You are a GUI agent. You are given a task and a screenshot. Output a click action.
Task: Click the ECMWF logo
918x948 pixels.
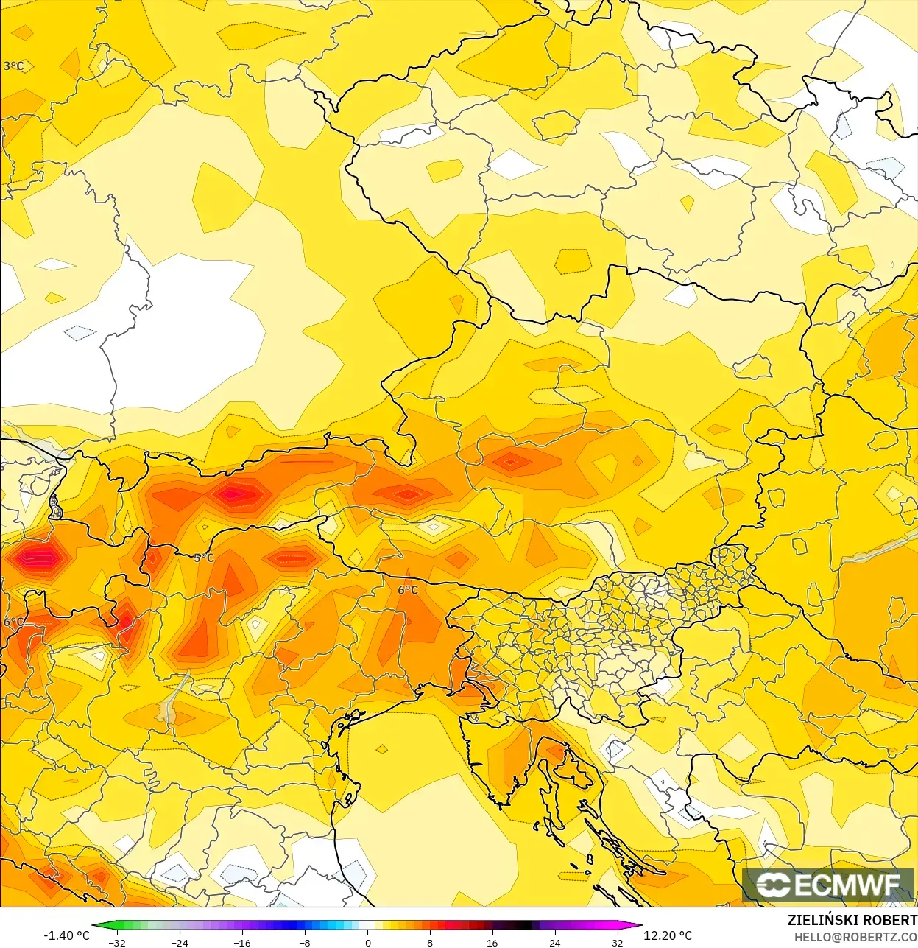(828, 885)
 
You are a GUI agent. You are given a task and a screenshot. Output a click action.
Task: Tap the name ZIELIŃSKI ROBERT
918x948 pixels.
(852, 920)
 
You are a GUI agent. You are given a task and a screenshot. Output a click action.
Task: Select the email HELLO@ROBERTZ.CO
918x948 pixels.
(855, 937)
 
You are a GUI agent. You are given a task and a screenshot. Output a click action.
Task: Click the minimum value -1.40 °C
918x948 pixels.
(66, 935)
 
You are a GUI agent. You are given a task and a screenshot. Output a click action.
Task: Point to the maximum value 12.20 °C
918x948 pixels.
(668, 935)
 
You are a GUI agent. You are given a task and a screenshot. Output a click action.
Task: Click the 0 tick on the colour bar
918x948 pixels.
(367, 942)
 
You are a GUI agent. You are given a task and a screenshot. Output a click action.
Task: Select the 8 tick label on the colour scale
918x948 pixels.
(430, 942)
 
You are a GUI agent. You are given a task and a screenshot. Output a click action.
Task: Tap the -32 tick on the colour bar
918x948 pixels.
(117, 942)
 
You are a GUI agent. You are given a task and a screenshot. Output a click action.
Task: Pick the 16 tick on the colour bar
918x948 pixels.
(492, 942)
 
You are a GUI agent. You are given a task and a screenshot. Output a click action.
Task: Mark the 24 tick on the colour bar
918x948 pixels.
(554, 942)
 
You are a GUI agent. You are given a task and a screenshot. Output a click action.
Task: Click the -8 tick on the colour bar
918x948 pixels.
(305, 942)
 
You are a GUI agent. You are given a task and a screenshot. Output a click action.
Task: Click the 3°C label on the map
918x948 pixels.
(13, 66)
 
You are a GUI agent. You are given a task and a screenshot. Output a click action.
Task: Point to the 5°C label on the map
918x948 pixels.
(204, 558)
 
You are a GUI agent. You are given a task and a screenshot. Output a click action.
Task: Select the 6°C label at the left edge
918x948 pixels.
(13, 622)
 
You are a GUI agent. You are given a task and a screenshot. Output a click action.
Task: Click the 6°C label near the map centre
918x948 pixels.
(408, 590)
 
